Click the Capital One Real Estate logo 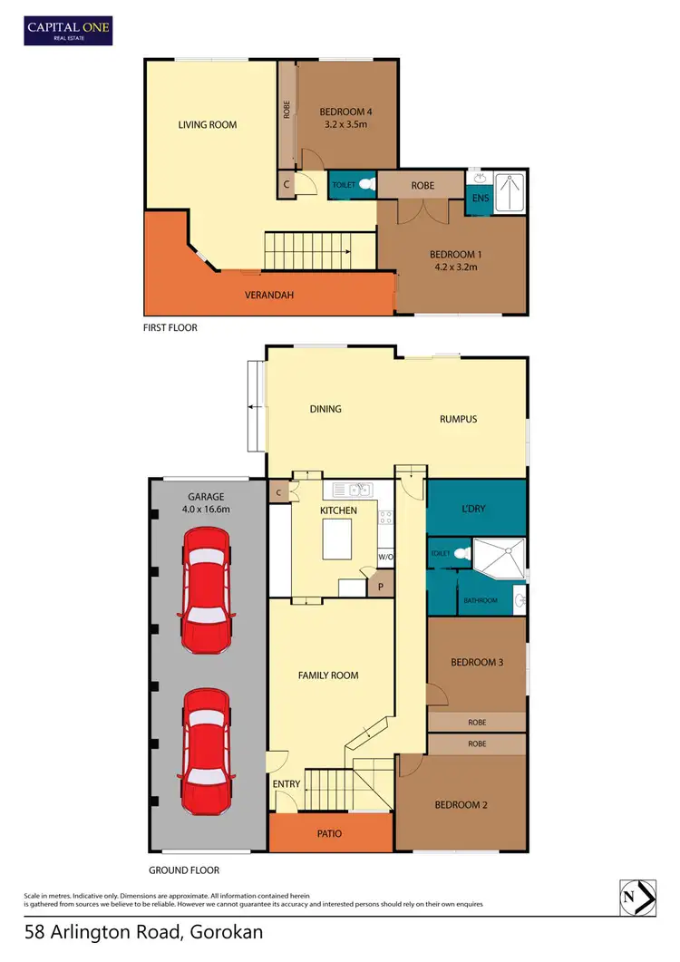tap(67, 31)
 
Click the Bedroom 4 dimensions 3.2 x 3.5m tap(345, 130)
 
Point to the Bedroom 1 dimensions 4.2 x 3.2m tap(453, 268)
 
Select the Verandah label tap(269, 296)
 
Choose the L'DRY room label tap(475, 509)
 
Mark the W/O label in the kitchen tap(384, 557)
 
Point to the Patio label tap(330, 833)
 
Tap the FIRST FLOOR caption tap(170, 327)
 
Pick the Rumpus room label tap(458, 419)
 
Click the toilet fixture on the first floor tap(365, 184)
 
